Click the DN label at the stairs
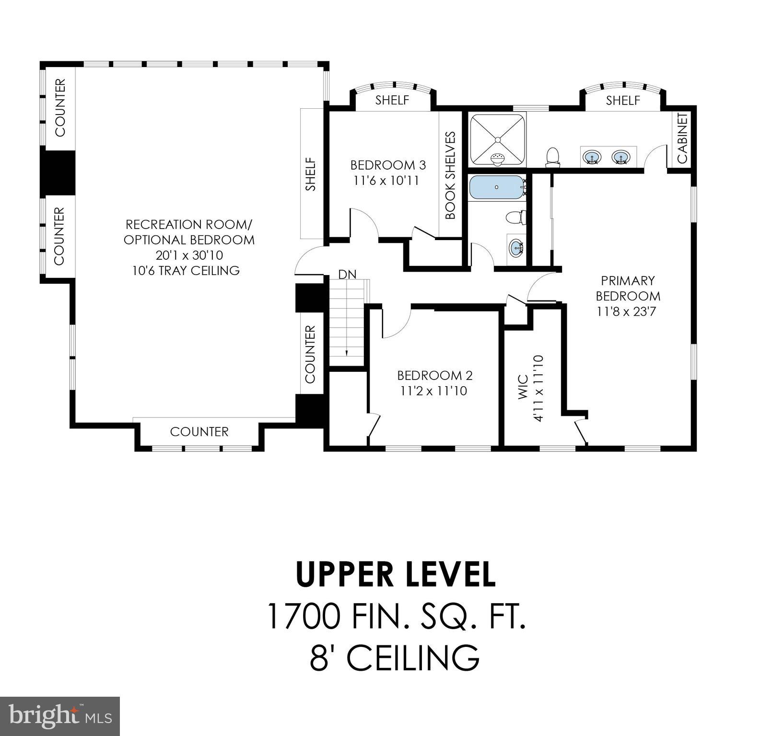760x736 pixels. coord(347,275)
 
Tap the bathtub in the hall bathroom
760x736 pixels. coord(497,187)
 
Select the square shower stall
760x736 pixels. coord(497,139)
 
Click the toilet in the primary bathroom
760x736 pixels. coord(553,157)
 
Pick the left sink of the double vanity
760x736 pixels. coord(592,157)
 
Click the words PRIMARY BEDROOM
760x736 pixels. coord(628,288)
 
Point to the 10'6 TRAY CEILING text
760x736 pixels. coord(186,270)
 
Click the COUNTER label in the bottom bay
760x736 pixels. coord(199,432)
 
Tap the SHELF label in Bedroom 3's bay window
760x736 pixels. coord(392,100)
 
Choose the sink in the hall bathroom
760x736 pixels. coord(516,248)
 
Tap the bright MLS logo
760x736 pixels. coord(60,716)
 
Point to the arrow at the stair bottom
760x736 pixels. coord(346,353)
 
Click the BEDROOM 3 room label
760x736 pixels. coord(387,165)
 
